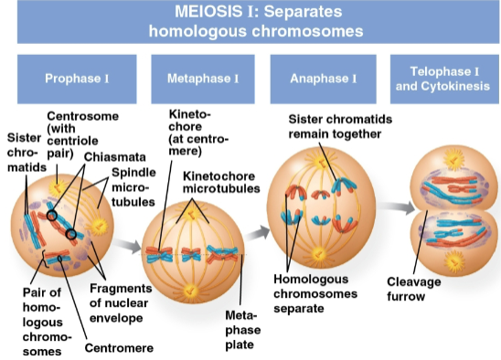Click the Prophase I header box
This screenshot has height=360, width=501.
[x=76, y=79]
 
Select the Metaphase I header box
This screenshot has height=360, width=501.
[x=203, y=79]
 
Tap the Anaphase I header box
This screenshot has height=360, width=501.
[x=323, y=79]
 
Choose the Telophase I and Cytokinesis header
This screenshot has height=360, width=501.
[x=442, y=79]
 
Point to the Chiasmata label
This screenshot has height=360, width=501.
[x=113, y=157]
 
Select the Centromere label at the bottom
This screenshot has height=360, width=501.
[x=118, y=347]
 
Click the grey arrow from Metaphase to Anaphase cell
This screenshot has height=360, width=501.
[x=259, y=231]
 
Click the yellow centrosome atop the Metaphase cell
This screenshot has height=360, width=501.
[x=192, y=214]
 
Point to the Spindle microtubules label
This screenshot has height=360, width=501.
[x=133, y=186]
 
